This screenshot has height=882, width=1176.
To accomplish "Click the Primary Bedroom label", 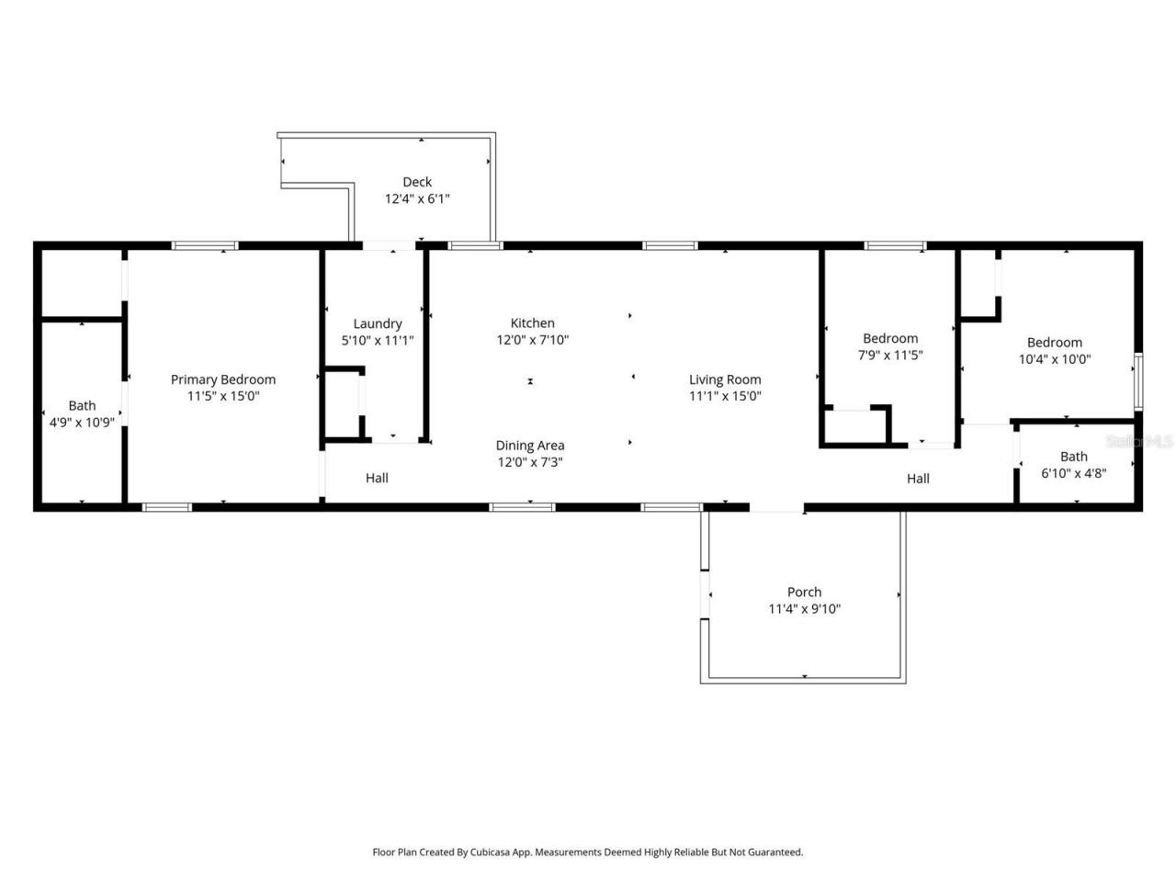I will coord(223,379).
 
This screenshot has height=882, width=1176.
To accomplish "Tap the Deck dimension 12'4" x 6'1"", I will coord(416,198).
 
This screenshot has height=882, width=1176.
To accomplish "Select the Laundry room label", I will coord(378,323).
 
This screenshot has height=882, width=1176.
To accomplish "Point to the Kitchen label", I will coord(532,322).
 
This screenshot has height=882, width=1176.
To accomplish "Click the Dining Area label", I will coord(530,446).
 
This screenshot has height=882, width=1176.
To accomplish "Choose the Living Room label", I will coord(725,379).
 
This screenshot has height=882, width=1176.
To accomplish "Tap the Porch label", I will coord(804,592).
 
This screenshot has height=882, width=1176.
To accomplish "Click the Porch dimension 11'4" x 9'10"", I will coord(804,608).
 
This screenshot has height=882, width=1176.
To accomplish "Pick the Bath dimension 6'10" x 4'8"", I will coord(1073,473).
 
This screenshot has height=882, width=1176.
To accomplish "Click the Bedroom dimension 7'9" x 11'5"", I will coord(889,355).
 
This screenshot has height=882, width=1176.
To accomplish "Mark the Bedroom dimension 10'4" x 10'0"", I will coord(1054,359).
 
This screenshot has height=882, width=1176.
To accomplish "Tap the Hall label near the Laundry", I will coord(377,478).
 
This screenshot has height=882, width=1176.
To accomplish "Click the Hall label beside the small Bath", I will coord(918,478).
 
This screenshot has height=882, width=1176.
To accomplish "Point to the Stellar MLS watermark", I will coord(1139,441).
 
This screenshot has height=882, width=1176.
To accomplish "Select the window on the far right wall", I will coord(1137,381).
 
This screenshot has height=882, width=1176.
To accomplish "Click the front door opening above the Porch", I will coord(777,506).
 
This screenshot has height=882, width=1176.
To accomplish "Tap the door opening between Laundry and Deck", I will coord(390,245).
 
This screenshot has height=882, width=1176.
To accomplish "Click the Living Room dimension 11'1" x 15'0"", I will coord(725,396).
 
